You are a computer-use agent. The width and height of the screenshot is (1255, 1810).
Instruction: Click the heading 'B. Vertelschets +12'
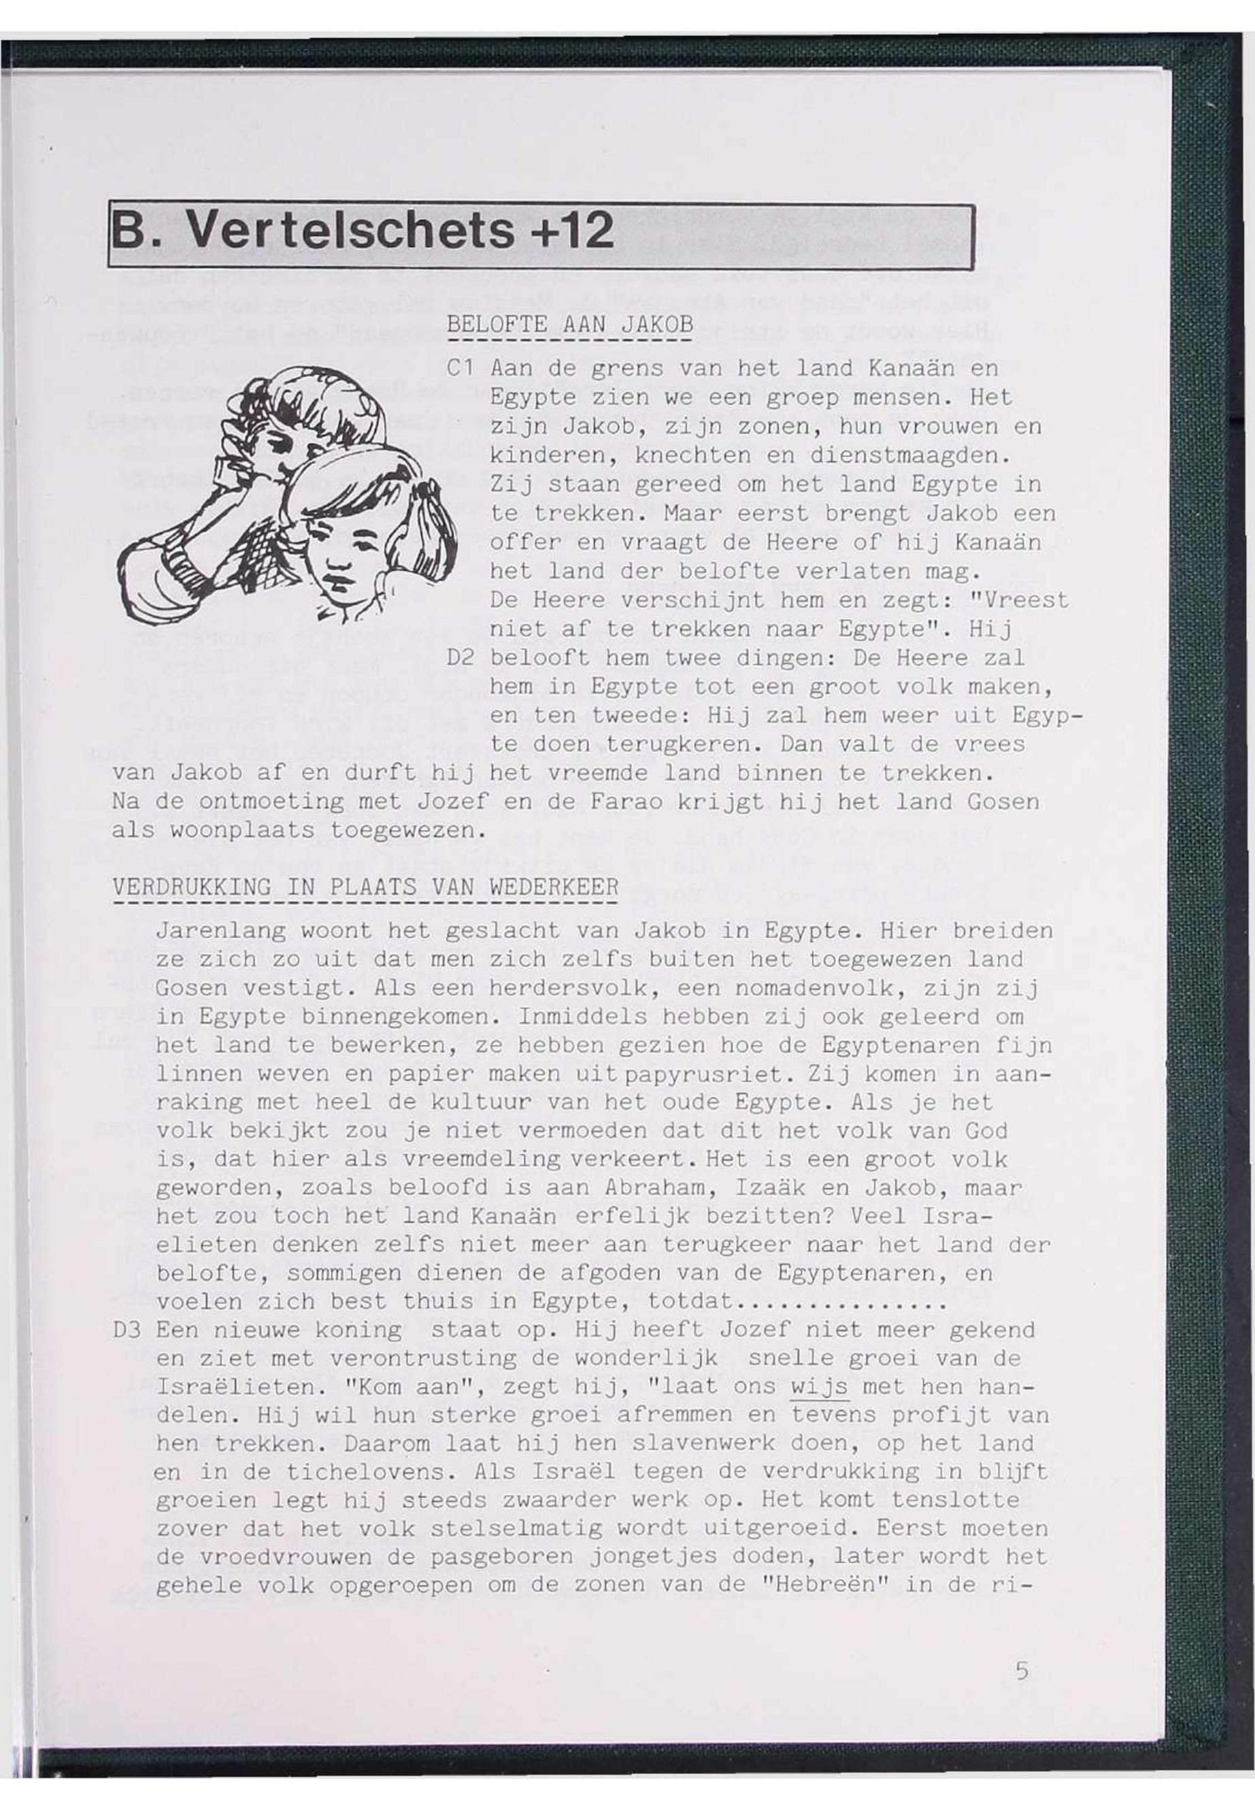362,232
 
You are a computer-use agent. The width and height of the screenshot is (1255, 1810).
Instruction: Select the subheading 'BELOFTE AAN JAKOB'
570,325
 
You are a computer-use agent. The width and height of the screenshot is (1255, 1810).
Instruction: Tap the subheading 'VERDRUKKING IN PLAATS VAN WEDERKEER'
366,887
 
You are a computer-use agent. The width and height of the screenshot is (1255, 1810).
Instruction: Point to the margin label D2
459,657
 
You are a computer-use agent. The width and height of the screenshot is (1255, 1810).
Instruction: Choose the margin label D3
127,1330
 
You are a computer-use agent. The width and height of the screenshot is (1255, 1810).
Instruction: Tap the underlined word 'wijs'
820,1387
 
